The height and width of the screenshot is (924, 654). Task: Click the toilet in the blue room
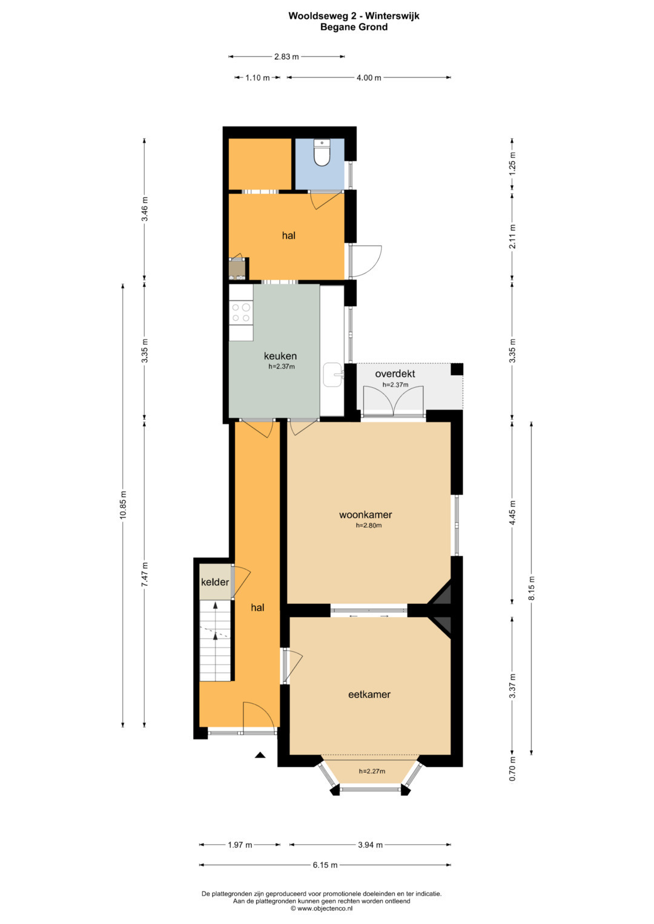pyautogui.click(x=322, y=152)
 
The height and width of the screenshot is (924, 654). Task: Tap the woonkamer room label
pyautogui.click(x=365, y=514)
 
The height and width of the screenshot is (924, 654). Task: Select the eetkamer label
pyautogui.click(x=369, y=694)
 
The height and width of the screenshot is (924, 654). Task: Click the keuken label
pyautogui.click(x=280, y=356)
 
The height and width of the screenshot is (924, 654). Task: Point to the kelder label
pyautogui.click(x=215, y=582)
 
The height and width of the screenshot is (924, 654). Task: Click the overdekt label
pyautogui.click(x=395, y=374)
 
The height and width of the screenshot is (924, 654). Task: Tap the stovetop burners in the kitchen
pyautogui.click(x=241, y=312)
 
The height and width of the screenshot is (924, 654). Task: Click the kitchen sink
pyautogui.click(x=333, y=375)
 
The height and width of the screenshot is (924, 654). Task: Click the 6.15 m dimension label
pyautogui.click(x=325, y=865)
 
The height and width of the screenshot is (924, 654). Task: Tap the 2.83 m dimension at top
pyautogui.click(x=286, y=56)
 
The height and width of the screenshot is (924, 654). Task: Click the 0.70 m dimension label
pyautogui.click(x=512, y=768)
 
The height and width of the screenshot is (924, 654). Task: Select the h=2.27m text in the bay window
pyautogui.click(x=372, y=771)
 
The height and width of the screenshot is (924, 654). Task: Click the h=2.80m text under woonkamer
pyautogui.click(x=369, y=525)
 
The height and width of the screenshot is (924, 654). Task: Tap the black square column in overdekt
pyautogui.click(x=457, y=369)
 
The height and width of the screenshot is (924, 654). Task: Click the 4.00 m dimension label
pyautogui.click(x=369, y=77)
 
